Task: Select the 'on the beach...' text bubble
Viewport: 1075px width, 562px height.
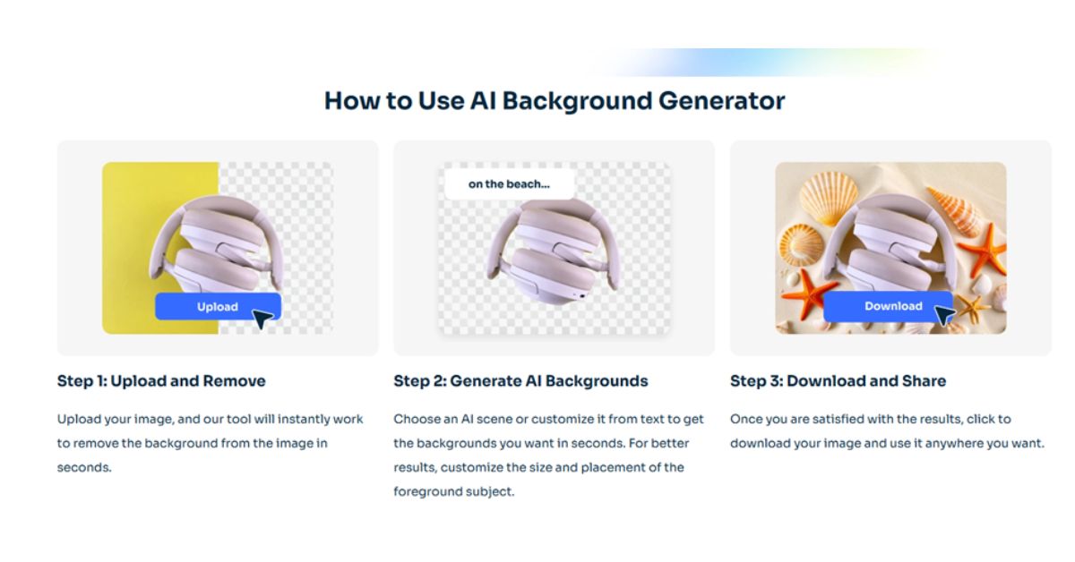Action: point(509,184)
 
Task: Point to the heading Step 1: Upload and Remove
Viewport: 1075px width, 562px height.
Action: point(161,381)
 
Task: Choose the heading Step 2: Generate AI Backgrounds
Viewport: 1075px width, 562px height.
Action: point(520,381)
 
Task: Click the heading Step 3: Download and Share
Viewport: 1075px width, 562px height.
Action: point(838,381)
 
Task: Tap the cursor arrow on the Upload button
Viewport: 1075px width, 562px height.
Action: point(262,318)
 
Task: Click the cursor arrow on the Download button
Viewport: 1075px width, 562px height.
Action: point(944,315)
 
